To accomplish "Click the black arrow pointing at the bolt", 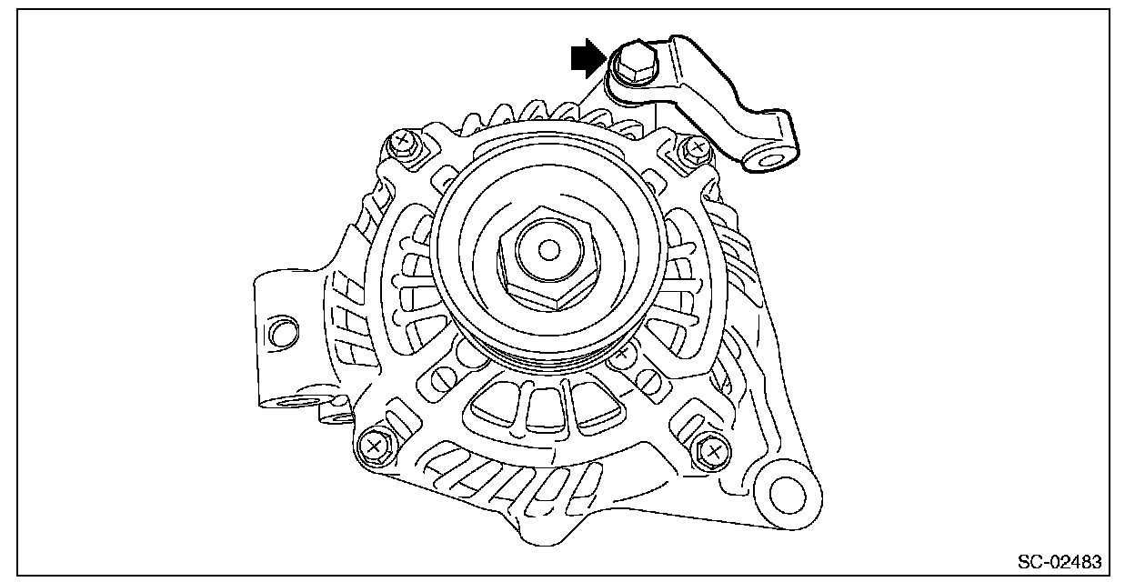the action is click(587, 59).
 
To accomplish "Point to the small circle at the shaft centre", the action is click(547, 247).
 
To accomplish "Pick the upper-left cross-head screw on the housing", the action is click(401, 142).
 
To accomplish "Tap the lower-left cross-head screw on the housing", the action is click(372, 446).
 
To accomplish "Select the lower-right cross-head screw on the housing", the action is click(712, 450).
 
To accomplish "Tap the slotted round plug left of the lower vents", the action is click(443, 376).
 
